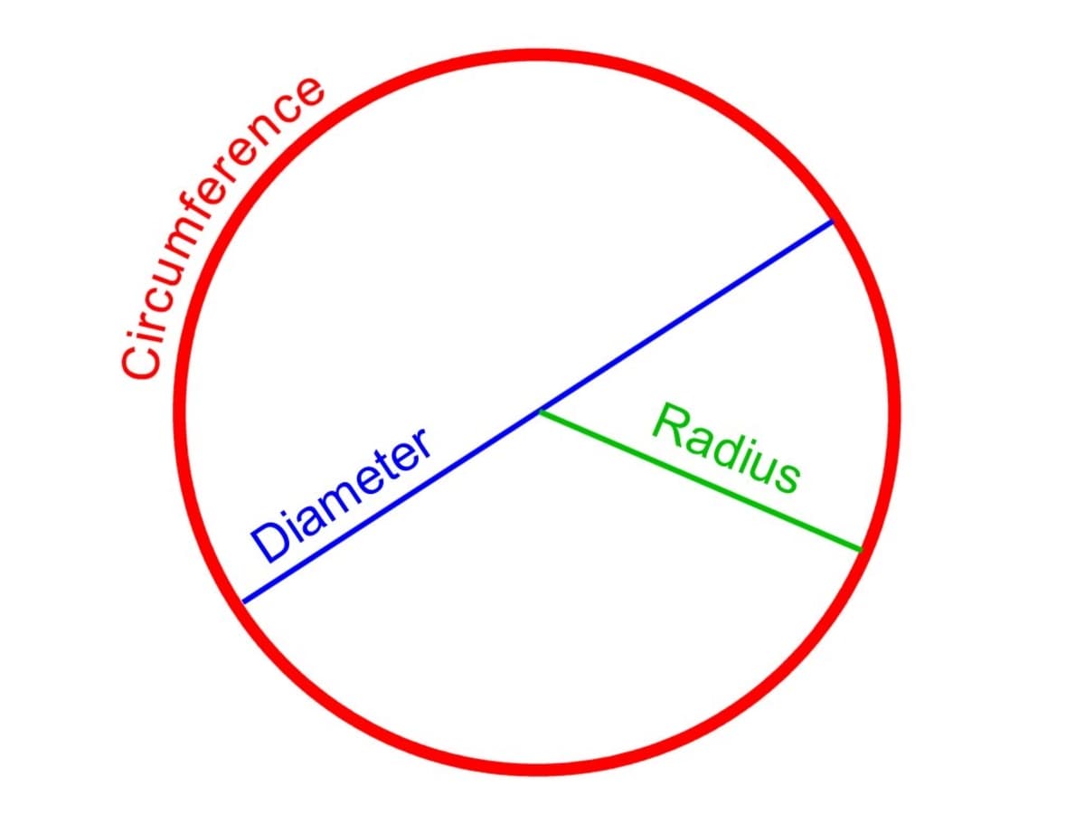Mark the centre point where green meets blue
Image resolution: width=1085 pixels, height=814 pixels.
pos(540,412)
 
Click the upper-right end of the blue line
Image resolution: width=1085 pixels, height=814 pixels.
pos(831,222)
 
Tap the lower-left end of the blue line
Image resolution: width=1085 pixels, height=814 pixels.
pos(244,601)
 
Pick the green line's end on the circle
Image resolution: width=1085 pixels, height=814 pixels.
pos(860,549)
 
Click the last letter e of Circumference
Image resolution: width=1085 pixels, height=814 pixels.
pos(309,92)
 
